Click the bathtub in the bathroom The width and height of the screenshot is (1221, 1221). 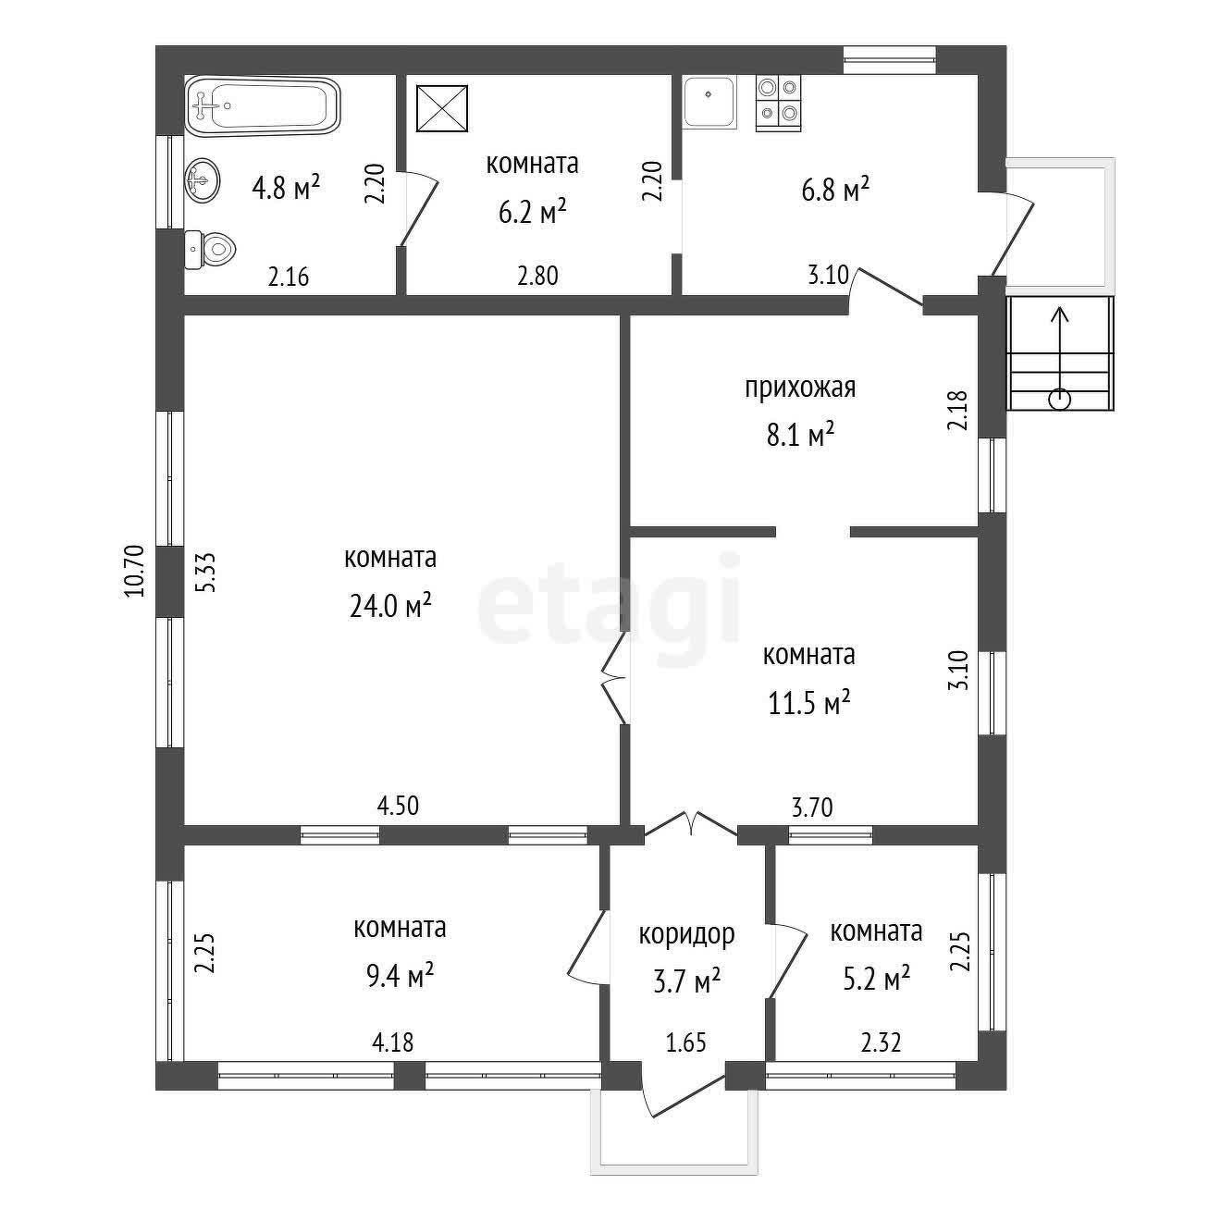click(x=263, y=105)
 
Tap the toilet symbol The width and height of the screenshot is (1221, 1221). click(x=210, y=250)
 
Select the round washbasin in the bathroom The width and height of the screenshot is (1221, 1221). click(x=203, y=180)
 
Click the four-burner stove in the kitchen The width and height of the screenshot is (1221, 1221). click(x=778, y=104)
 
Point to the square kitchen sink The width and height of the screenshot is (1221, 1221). click(x=709, y=102)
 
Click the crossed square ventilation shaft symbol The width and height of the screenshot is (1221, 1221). click(x=441, y=108)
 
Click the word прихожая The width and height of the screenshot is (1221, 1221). click(x=799, y=388)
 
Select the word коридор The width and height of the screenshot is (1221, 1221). click(x=686, y=934)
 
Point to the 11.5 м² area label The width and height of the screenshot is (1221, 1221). click(x=808, y=702)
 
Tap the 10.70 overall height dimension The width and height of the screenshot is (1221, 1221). click(x=135, y=571)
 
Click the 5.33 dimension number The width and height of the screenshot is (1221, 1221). click(x=205, y=573)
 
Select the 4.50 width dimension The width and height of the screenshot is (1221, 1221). click(x=398, y=806)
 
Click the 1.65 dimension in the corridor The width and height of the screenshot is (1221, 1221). click(x=686, y=1042)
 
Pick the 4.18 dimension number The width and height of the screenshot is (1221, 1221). click(x=393, y=1042)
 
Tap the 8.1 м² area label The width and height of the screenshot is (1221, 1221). click(x=799, y=436)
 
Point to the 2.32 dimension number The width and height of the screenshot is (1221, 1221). click(x=881, y=1042)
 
